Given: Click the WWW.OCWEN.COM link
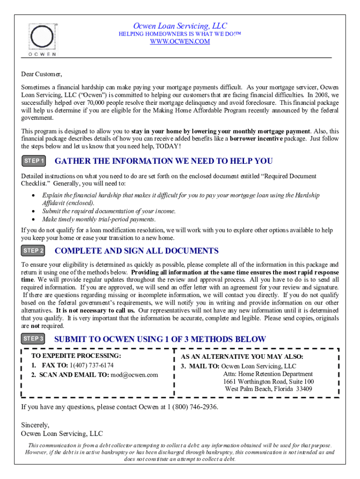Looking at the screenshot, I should [180, 42].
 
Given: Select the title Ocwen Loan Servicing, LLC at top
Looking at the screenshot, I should [180, 26].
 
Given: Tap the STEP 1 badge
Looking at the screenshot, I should [34, 161].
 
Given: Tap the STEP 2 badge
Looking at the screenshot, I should [34, 251].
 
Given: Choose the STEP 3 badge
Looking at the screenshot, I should [34, 339].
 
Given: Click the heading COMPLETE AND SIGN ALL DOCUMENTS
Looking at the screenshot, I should [137, 251].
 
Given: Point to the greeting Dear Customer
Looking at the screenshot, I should [42, 74].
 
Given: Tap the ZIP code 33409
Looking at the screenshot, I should [304, 389].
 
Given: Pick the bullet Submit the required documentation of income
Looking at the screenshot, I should [109, 211].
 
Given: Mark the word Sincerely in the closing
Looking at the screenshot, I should [35, 425].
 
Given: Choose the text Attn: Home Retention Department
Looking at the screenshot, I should [268, 374].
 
